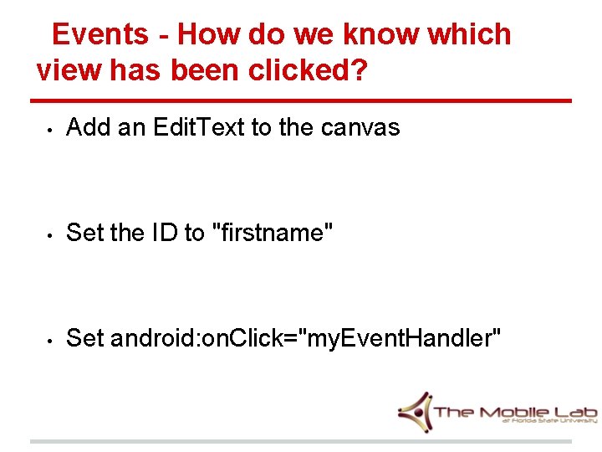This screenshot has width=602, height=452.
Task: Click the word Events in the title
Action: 99,34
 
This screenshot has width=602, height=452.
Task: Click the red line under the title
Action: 301,100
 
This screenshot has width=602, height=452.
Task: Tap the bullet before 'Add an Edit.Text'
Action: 50,130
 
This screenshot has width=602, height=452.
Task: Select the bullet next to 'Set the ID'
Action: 50,234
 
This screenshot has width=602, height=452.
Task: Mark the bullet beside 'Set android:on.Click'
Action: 50,340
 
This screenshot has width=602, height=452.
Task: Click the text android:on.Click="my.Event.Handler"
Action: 306,339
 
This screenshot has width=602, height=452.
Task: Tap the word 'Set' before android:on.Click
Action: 85,338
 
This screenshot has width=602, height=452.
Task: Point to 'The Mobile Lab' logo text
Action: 515,411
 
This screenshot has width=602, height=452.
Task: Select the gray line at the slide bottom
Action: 301,441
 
